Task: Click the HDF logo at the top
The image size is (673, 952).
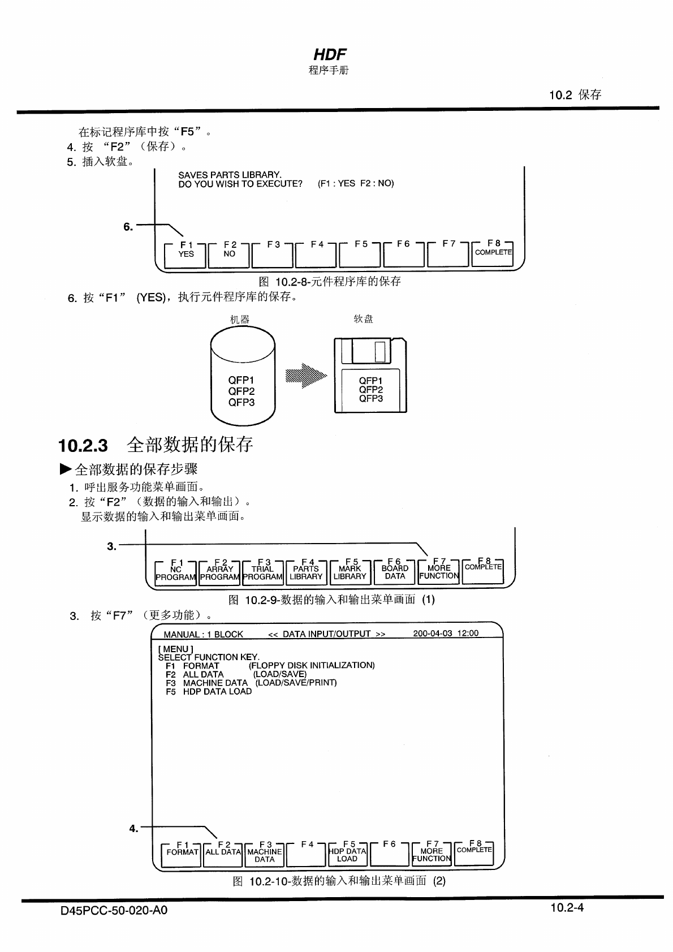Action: point(330,54)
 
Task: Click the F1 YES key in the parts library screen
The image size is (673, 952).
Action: point(186,254)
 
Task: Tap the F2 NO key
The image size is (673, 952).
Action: point(230,254)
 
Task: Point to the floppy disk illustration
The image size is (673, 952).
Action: point(370,375)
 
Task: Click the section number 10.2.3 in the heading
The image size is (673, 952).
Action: point(83,445)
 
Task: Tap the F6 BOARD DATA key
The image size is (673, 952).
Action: point(395,572)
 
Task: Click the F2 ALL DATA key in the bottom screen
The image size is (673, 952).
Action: point(223,852)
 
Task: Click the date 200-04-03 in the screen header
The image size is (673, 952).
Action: point(433,633)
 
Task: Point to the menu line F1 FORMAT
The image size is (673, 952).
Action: point(192,666)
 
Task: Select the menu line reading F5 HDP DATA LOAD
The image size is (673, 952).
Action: point(209,691)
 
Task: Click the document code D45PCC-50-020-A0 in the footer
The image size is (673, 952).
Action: point(114,911)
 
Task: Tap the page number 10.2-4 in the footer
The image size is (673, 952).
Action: point(567,908)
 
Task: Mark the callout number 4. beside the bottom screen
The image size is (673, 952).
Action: point(133,829)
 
